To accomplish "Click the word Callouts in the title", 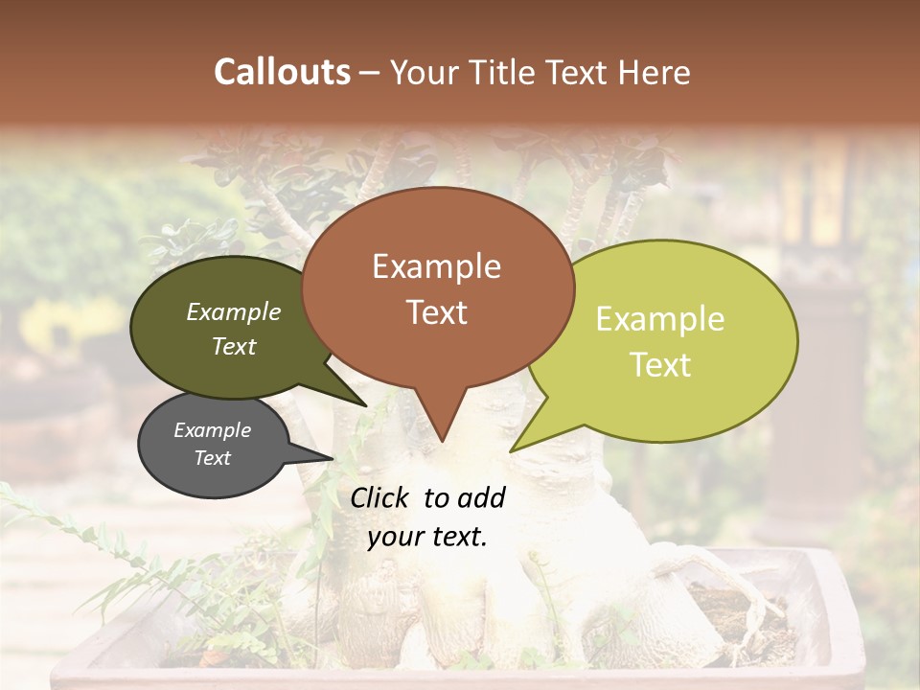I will [282, 72].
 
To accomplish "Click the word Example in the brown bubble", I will [436, 266].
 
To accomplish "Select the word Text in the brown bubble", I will [436, 312].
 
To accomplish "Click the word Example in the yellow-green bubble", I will [660, 319].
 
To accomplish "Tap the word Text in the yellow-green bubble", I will [660, 365].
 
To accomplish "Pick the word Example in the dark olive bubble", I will [233, 312].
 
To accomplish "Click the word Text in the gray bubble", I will [212, 458].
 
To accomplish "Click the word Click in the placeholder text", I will [380, 497].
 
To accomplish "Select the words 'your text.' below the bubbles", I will [426, 537].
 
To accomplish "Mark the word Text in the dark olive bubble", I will [233, 346].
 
